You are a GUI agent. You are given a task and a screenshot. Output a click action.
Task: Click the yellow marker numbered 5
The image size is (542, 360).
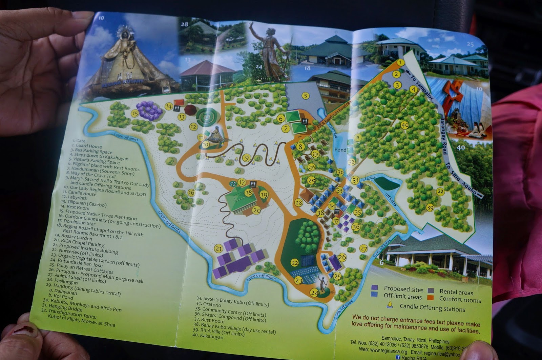tap(306, 96)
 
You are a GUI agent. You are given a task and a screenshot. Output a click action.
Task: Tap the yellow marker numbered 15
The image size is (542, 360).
tap(135, 113)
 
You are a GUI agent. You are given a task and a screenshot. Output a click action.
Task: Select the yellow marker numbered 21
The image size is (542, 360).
tap(218, 249)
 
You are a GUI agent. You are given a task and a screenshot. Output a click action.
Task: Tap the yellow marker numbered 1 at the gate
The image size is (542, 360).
tap(400, 62)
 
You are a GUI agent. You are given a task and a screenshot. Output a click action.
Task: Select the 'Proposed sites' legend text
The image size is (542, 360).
tap(403, 289)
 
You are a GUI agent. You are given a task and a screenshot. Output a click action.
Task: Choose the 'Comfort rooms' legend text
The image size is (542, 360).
tap(460, 299)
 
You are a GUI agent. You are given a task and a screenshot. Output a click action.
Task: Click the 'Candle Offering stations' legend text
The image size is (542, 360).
tap(432, 308)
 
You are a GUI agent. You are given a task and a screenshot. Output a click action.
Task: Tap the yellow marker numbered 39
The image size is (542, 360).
tap(430, 208)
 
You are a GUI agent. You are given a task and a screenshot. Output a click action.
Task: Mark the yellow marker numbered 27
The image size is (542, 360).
tap(363, 248)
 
